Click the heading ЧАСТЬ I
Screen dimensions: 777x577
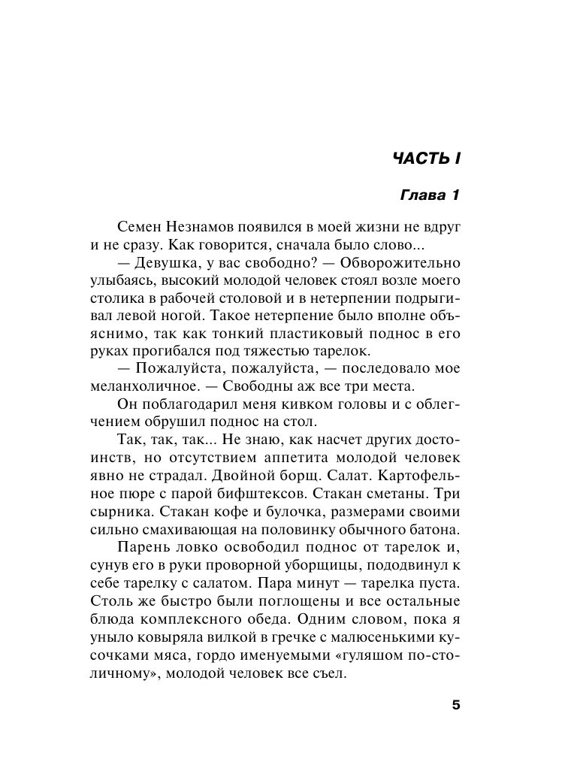click(x=425, y=159)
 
